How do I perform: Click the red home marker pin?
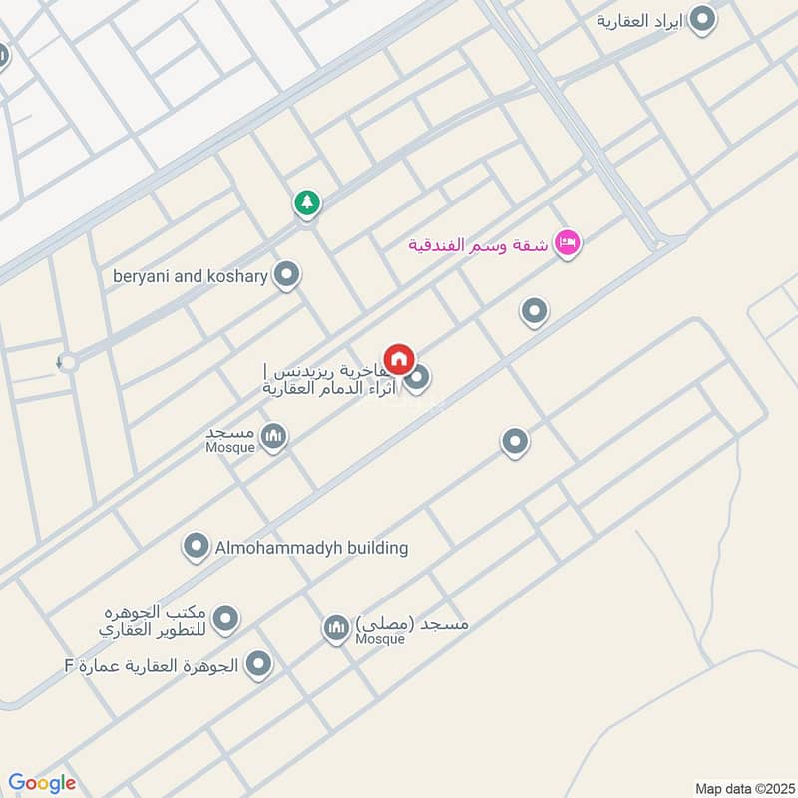(x=399, y=359)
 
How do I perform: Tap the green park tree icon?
(x=307, y=203)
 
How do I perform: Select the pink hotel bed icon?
(x=567, y=242)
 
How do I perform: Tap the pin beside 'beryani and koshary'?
(x=287, y=274)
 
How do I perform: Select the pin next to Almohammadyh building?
(x=196, y=546)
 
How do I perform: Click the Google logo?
(x=42, y=782)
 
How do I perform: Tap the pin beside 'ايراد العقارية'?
(x=704, y=19)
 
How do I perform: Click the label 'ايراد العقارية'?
(x=641, y=20)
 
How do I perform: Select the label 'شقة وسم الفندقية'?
(x=478, y=244)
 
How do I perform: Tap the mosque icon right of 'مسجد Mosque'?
(x=273, y=436)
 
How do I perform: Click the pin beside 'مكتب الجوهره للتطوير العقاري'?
(x=226, y=619)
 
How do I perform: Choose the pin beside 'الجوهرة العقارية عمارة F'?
(x=259, y=663)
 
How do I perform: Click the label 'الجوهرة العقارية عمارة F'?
(x=153, y=665)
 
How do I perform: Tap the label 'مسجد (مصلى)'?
(x=411, y=623)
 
